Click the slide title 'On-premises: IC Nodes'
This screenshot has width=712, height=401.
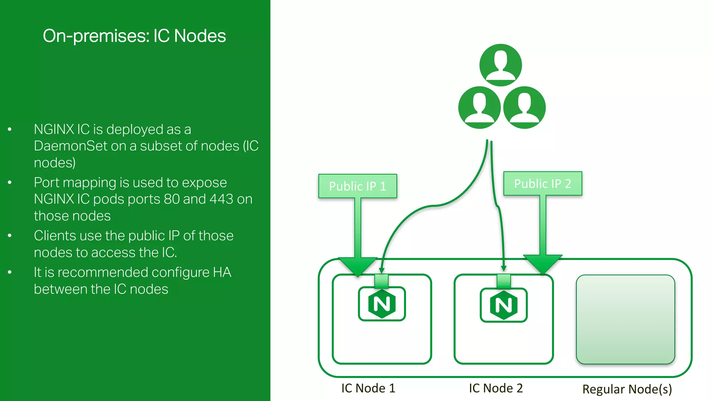click(134, 36)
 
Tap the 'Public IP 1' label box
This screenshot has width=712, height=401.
click(357, 186)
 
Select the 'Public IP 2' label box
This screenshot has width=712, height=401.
click(542, 183)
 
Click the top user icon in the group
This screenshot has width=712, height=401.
click(500, 65)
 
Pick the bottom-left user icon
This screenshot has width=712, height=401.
click(479, 108)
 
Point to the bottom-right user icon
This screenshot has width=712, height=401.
click(524, 108)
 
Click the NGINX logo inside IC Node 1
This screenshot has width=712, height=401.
click(382, 304)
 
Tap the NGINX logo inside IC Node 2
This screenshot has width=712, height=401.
click(503, 305)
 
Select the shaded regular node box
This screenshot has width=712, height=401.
click(625, 319)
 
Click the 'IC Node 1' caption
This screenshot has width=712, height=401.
click(368, 388)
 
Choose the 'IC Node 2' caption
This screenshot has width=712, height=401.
click(496, 388)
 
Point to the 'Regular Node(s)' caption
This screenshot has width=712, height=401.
click(627, 389)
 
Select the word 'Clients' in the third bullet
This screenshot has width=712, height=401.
click(55, 236)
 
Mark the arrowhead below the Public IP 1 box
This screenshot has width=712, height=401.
click(357, 266)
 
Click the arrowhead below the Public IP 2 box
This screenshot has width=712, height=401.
click(542, 264)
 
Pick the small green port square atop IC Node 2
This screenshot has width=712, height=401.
click(503, 281)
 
